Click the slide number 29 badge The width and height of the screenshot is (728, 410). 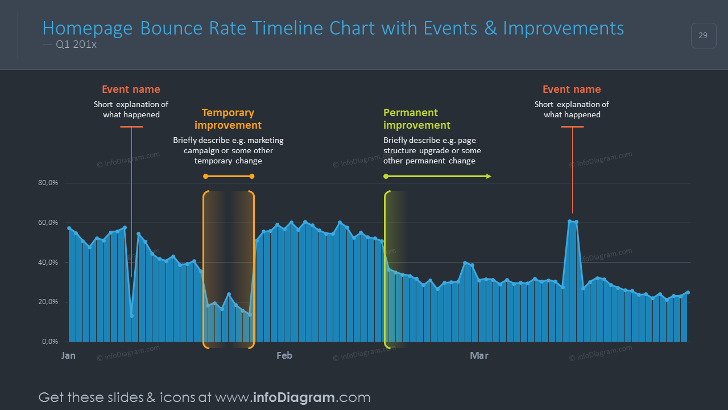[x=703, y=36]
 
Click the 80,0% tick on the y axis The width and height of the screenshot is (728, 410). [x=48, y=183]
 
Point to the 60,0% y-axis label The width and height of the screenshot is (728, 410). [x=48, y=223]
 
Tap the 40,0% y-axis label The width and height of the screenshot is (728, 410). [x=48, y=263]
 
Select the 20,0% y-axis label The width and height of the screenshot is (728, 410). [x=48, y=302]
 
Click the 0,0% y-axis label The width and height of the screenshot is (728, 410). [x=50, y=342]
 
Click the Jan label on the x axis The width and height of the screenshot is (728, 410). [x=68, y=356]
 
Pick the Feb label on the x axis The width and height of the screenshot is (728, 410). [x=284, y=356]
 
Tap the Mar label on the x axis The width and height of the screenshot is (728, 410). [x=479, y=356]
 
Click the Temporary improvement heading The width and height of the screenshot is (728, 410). [x=228, y=119]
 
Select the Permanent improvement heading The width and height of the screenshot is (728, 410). [x=416, y=119]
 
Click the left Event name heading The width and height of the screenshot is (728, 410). [x=131, y=89]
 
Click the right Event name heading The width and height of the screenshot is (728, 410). [x=572, y=89]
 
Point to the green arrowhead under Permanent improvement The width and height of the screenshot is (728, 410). [x=488, y=177]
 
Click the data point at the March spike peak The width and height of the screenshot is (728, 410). [x=570, y=221]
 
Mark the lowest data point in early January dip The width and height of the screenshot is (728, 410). [x=131, y=316]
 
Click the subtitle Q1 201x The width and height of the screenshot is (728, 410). [x=76, y=45]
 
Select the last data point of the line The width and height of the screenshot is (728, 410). [x=688, y=293]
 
